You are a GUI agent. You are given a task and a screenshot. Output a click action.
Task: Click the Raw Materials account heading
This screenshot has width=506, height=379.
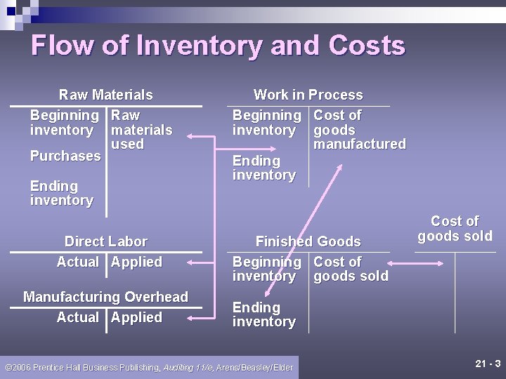click(x=105, y=95)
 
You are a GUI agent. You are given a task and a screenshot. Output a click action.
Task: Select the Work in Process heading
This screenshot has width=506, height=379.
click(x=308, y=95)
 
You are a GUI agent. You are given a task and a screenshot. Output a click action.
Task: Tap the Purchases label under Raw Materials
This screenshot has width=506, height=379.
click(x=65, y=156)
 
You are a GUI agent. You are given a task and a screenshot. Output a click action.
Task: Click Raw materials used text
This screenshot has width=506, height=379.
click(x=141, y=130)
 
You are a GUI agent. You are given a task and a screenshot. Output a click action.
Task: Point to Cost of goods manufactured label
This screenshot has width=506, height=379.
click(x=359, y=130)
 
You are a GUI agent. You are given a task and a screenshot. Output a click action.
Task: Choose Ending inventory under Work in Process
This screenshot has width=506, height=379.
click(x=264, y=168)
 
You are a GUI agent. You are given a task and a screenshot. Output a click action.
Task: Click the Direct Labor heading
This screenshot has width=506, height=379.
click(x=105, y=241)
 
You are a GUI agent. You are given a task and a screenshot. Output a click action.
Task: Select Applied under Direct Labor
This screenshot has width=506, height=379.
click(x=136, y=262)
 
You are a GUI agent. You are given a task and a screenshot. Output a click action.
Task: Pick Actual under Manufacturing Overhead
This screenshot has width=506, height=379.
click(x=77, y=317)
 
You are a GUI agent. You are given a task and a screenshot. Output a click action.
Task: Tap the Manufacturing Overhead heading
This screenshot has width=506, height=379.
click(x=105, y=297)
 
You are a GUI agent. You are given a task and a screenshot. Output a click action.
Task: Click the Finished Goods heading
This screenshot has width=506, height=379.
click(x=308, y=241)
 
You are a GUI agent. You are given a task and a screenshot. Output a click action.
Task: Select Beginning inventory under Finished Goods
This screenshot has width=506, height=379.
click(x=266, y=269)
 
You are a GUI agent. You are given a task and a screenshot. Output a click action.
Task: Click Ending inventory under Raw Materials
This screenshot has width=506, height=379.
click(x=61, y=193)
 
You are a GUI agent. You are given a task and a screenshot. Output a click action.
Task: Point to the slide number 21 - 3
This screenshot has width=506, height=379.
click(x=487, y=364)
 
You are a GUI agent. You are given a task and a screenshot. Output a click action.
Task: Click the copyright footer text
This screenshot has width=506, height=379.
click(x=148, y=368)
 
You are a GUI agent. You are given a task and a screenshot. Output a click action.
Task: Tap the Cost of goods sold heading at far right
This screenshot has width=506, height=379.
click(x=455, y=229)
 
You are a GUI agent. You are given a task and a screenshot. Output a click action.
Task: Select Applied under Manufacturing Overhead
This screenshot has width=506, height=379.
click(x=136, y=317)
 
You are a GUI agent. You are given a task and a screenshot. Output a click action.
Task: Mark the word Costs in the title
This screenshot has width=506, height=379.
click(x=367, y=46)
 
